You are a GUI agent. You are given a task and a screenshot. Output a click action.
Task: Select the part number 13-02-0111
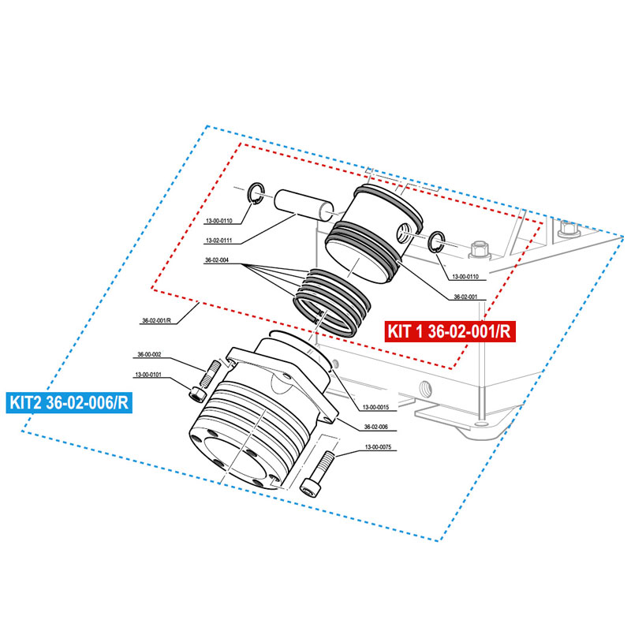218,240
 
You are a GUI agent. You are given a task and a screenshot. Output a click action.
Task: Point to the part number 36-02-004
217,260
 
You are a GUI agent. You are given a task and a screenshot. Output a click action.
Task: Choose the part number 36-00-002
150,355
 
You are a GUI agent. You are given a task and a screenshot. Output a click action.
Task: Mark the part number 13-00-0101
149,375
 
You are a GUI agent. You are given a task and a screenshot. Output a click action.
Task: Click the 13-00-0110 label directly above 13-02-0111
218,221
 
